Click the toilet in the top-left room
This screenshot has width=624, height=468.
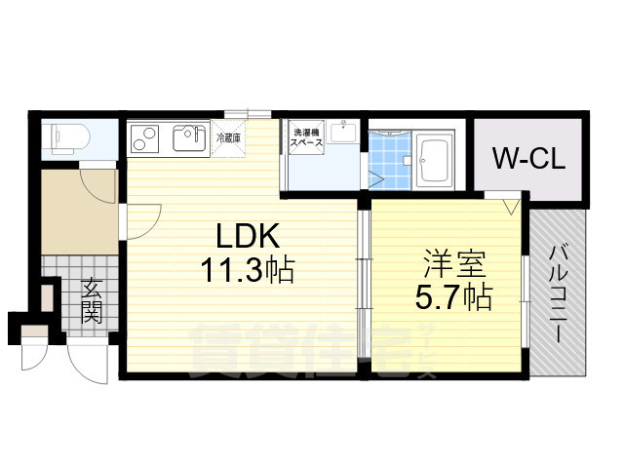(66, 137)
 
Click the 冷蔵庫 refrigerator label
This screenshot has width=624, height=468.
(228, 138)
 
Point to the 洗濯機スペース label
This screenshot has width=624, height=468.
(301, 137)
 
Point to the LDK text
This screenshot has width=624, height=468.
(248, 237)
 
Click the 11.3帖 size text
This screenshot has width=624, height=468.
(248, 268)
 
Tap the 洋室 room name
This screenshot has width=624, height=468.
(453, 263)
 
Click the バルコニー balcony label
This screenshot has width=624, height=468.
(561, 292)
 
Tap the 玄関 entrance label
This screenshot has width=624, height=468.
(93, 299)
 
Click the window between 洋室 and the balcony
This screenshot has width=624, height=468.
(527, 297)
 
